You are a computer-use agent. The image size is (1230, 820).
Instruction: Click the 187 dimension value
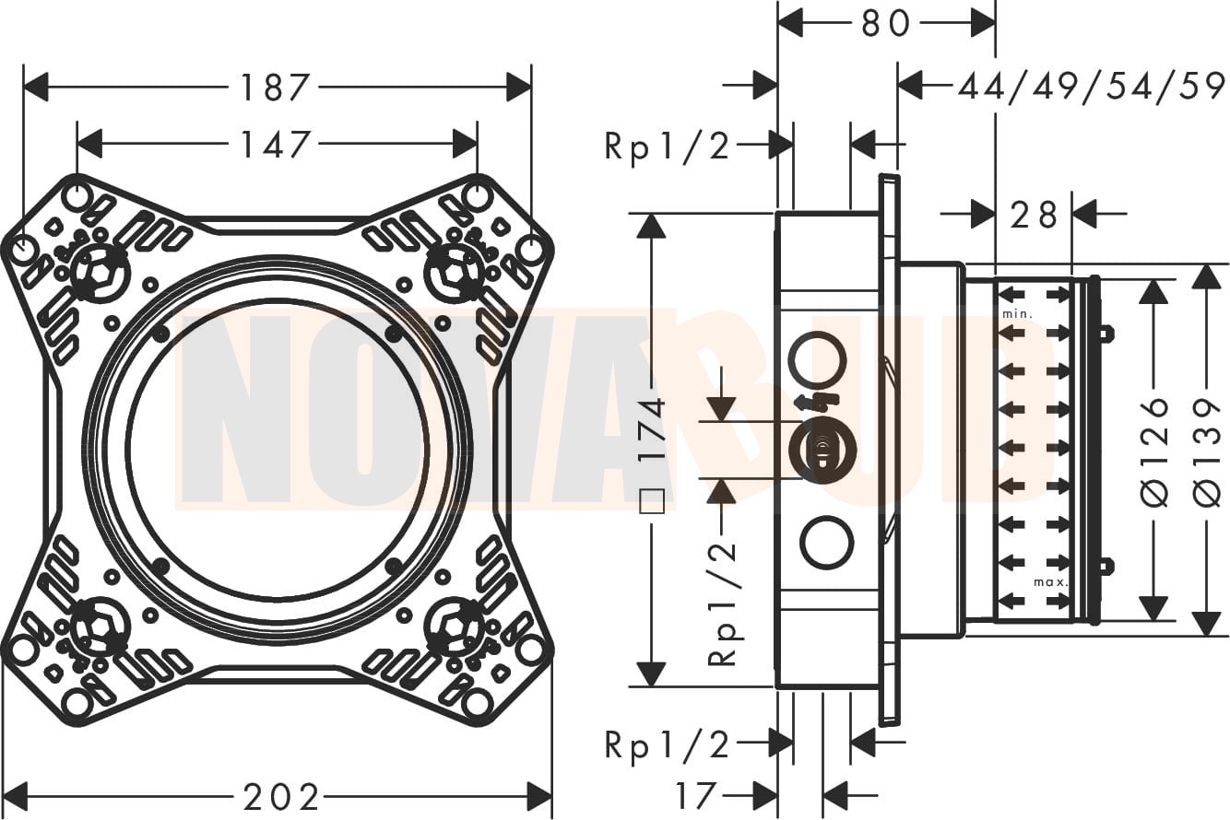click(x=274, y=88)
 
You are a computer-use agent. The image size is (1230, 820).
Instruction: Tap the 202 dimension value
click(x=281, y=796)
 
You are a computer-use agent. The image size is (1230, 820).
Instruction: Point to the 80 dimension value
click(x=886, y=24)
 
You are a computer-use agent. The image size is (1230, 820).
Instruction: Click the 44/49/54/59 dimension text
click(x=1092, y=87)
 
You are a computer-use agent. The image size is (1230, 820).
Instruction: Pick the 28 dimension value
click(x=1034, y=216)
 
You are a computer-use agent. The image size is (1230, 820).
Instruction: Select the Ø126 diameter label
click(x=1154, y=451)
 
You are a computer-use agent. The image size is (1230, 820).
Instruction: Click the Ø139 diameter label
click(x=1207, y=451)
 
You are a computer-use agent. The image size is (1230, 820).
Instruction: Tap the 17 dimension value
click(x=695, y=796)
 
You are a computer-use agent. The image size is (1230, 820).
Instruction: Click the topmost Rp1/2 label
click(x=668, y=145)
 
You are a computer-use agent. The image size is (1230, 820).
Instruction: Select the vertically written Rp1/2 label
click(x=722, y=603)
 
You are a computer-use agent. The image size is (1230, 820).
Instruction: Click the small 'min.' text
click(x=1017, y=314)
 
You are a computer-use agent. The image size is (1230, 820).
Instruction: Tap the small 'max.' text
click(x=1050, y=582)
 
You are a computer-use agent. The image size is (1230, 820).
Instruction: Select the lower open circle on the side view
click(x=827, y=543)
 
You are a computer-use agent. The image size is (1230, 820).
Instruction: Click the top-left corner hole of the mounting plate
click(x=77, y=196)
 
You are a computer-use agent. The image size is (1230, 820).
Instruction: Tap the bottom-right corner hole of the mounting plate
click(x=478, y=704)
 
